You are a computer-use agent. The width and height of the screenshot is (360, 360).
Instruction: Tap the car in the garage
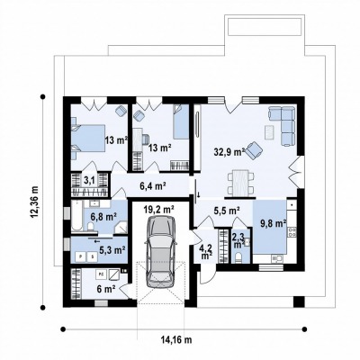coord(160,252)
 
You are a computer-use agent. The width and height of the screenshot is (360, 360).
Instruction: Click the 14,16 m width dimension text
coord(176,340)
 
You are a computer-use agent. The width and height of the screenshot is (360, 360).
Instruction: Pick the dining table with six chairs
coord(241,183)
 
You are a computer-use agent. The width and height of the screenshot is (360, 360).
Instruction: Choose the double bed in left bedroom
coord(87,138)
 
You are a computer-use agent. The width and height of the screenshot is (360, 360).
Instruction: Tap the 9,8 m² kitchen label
coord(273,223)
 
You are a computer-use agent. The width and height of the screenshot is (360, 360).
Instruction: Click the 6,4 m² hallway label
coord(153,186)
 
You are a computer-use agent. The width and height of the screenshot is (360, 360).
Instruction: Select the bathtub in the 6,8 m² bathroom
coord(77,216)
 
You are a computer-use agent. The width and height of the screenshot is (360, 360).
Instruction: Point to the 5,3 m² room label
coord(112,249)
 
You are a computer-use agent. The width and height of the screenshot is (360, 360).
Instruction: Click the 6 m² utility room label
coord(106,289)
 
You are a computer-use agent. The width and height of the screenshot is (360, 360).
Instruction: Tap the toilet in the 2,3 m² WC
coord(238,257)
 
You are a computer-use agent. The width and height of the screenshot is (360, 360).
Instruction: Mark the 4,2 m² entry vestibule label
coord(205,251)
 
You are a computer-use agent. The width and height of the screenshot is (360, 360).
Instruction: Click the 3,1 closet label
coord(88,180)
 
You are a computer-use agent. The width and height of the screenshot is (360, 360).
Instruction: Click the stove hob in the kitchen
coord(292,231)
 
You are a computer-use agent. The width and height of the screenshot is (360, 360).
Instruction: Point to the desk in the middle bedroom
coord(138,139)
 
